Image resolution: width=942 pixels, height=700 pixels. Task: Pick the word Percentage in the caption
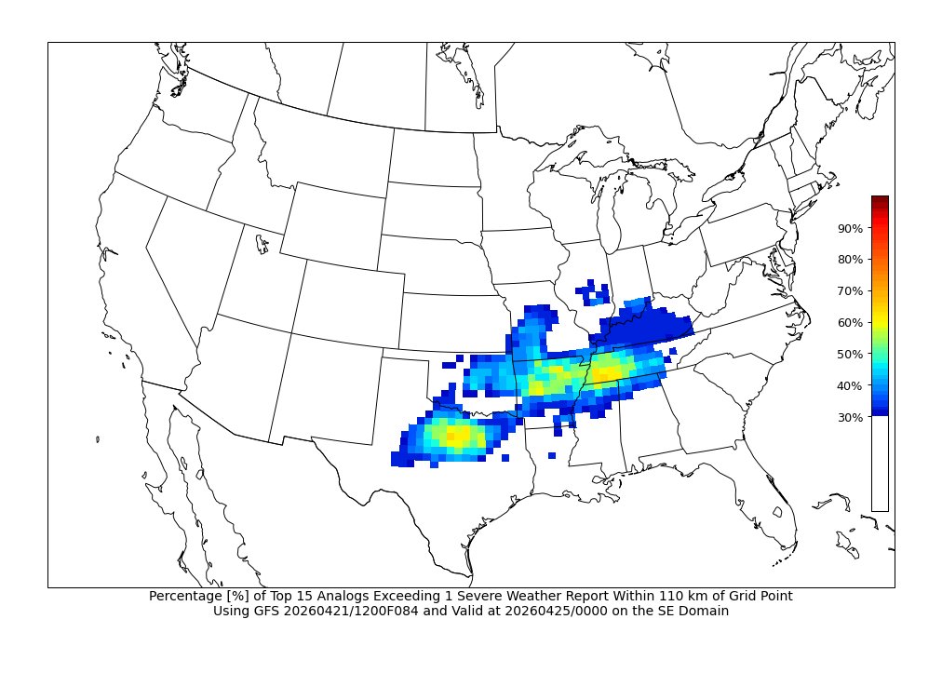click(185, 596)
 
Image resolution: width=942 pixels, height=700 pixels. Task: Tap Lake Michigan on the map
click(604, 223)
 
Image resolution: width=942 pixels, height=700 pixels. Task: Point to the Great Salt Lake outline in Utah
click(262, 246)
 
